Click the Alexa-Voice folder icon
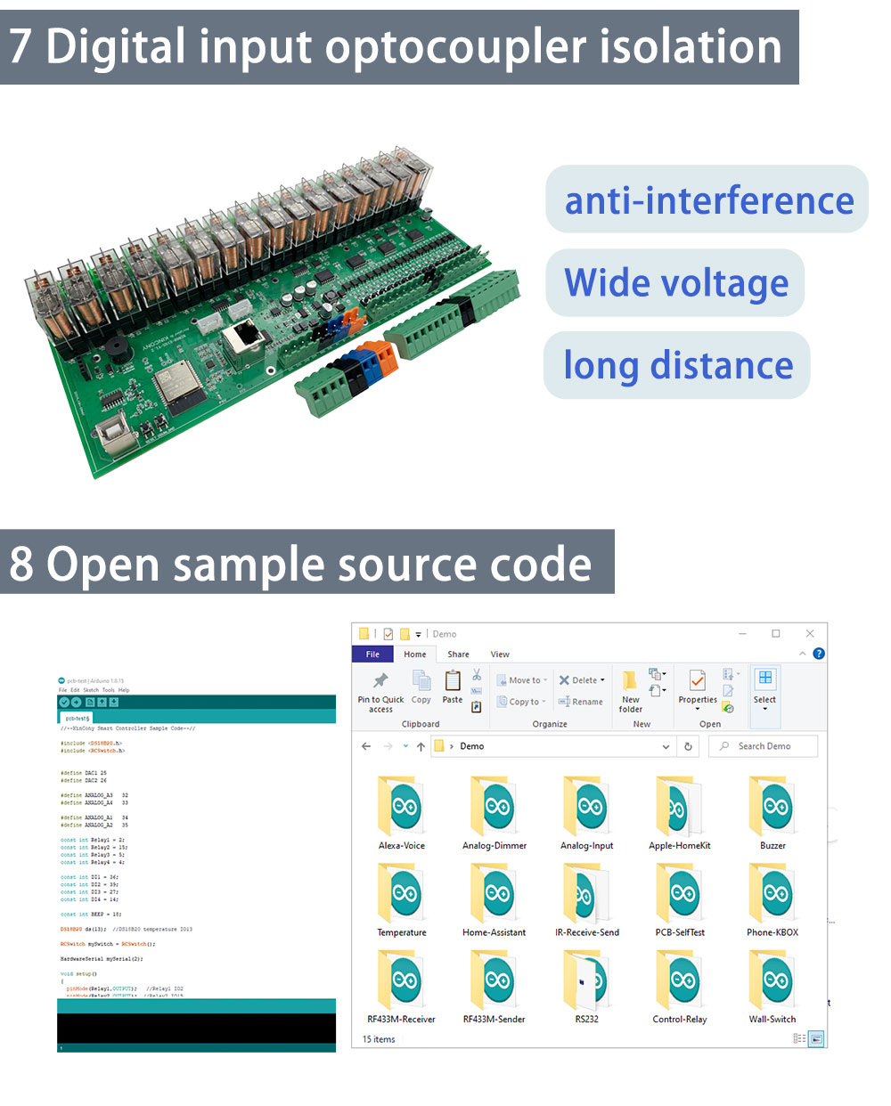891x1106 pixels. point(402,807)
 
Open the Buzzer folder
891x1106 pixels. point(772,807)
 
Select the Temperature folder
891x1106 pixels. point(402,893)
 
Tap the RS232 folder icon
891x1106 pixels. point(586,980)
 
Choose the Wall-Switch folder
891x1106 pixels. point(772,980)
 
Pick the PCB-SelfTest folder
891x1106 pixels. point(680,893)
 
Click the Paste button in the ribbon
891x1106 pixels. point(453,687)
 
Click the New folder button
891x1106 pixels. point(630,690)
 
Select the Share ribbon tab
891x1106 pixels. point(458,655)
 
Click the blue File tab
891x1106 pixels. point(372,655)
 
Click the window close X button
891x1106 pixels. point(810,634)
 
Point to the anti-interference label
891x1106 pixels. point(708,200)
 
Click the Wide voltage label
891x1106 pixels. point(676,283)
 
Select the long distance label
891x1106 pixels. point(678,366)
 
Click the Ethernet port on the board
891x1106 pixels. point(241,339)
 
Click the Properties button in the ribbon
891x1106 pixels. point(698,688)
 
